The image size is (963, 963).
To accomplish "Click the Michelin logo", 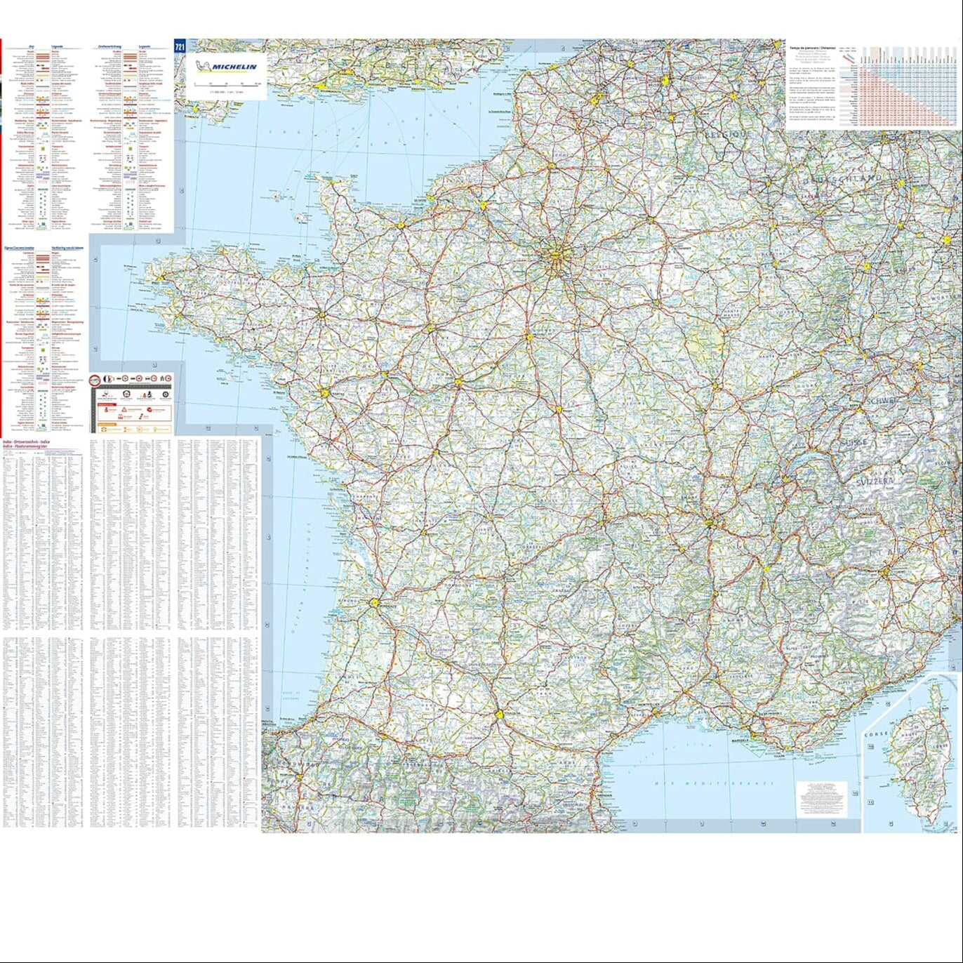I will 225,67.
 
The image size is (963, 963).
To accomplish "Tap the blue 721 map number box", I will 180,47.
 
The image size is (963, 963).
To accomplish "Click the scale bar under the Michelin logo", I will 227,84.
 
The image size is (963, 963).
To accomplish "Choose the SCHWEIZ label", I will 882,401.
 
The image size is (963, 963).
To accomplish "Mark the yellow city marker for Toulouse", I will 500,715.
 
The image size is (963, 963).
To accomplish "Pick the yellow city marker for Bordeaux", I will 375,602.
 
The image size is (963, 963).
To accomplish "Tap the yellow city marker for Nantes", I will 325,394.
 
